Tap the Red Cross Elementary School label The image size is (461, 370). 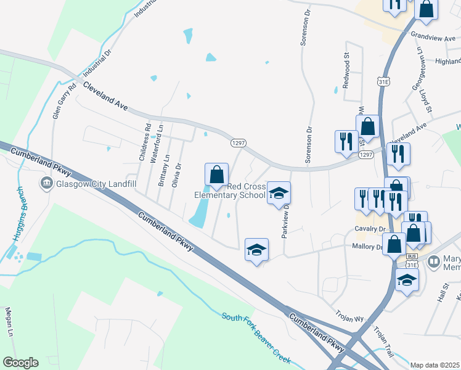tap(229, 191)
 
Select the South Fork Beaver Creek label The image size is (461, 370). tap(256, 335)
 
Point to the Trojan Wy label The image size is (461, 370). tap(350, 318)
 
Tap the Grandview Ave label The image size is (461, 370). tap(431, 38)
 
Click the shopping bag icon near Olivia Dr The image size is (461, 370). tap(216, 174)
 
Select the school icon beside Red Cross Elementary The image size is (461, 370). tap(278, 194)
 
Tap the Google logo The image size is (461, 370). tap(20, 363)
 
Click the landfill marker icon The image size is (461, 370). tap(46, 183)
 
